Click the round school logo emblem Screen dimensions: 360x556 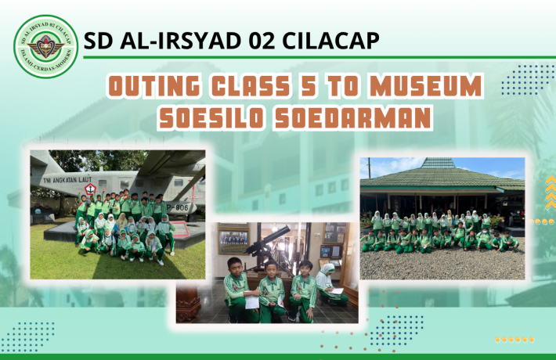pos(46,46)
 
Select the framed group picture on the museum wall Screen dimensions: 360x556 pos(234,240)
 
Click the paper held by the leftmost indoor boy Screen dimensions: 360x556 pos(252,301)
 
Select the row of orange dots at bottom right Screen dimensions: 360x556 pos(514,340)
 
